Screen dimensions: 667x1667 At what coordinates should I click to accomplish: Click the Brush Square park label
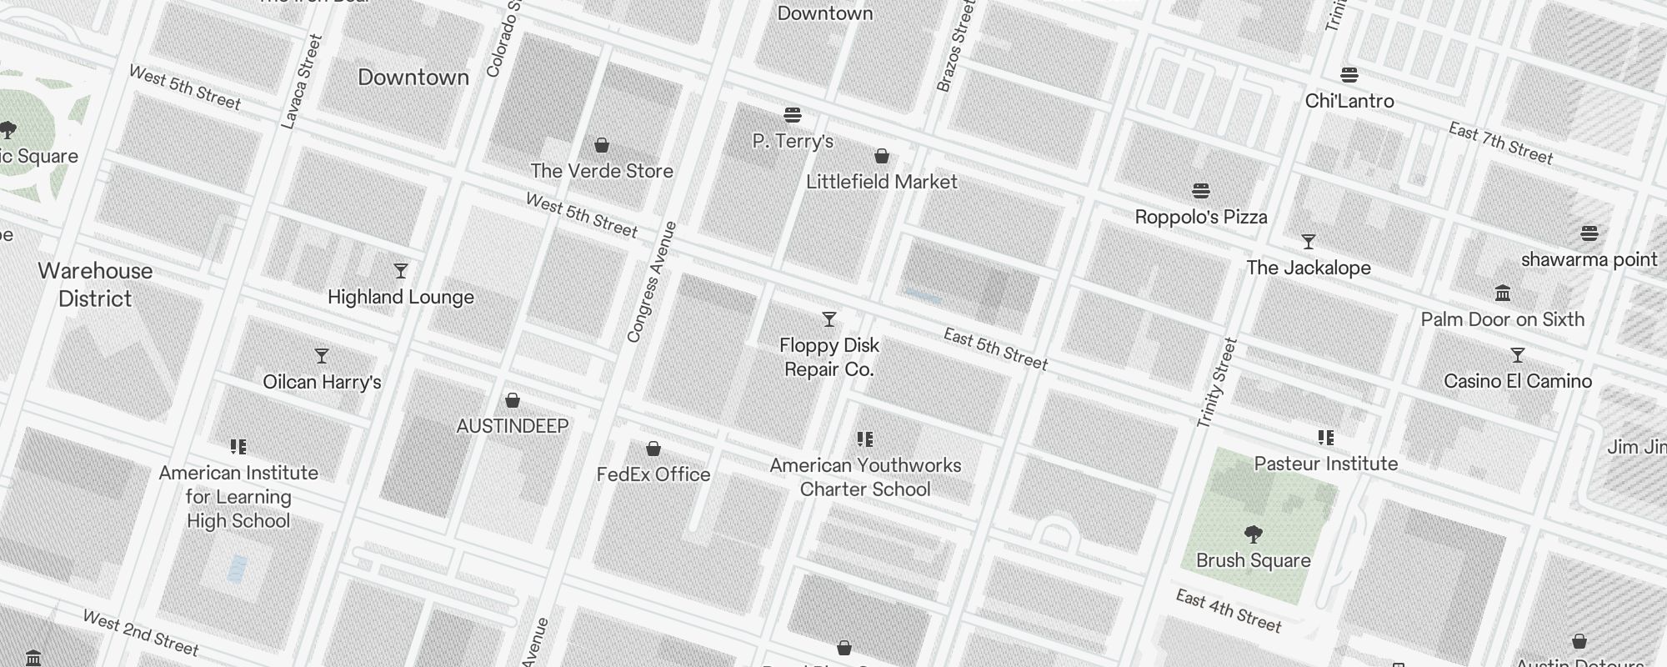click(1253, 560)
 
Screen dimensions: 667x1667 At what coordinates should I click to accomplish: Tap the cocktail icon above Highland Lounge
click(401, 271)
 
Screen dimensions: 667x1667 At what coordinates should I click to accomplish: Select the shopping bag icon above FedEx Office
click(653, 449)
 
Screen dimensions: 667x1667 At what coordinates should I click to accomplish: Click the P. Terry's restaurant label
click(793, 141)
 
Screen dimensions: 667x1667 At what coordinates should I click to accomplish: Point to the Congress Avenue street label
click(651, 282)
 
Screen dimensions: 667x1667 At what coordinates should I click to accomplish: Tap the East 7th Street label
click(1500, 143)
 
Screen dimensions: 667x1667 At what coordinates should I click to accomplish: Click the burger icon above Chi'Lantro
click(1349, 75)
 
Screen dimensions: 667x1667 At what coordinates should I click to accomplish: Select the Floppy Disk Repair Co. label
click(828, 357)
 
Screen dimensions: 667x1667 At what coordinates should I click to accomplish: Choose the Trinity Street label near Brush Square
click(1217, 383)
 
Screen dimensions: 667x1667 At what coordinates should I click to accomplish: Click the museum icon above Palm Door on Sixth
click(1503, 293)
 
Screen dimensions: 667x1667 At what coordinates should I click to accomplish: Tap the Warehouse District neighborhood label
click(95, 284)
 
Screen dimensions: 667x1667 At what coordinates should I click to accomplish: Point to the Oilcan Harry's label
click(322, 382)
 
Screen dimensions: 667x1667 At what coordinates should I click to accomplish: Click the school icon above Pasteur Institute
click(1325, 438)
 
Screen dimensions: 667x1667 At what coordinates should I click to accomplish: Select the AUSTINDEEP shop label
click(512, 426)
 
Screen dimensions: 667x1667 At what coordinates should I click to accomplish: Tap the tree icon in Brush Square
click(1253, 534)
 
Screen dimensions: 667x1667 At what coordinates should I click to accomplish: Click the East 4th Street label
click(1228, 611)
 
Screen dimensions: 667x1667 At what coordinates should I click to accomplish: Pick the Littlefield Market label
click(881, 182)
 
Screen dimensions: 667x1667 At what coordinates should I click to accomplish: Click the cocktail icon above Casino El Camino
click(1517, 355)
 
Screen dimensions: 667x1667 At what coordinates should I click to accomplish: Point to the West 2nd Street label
click(140, 633)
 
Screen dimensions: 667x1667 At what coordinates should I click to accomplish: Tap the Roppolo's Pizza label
click(1200, 217)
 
